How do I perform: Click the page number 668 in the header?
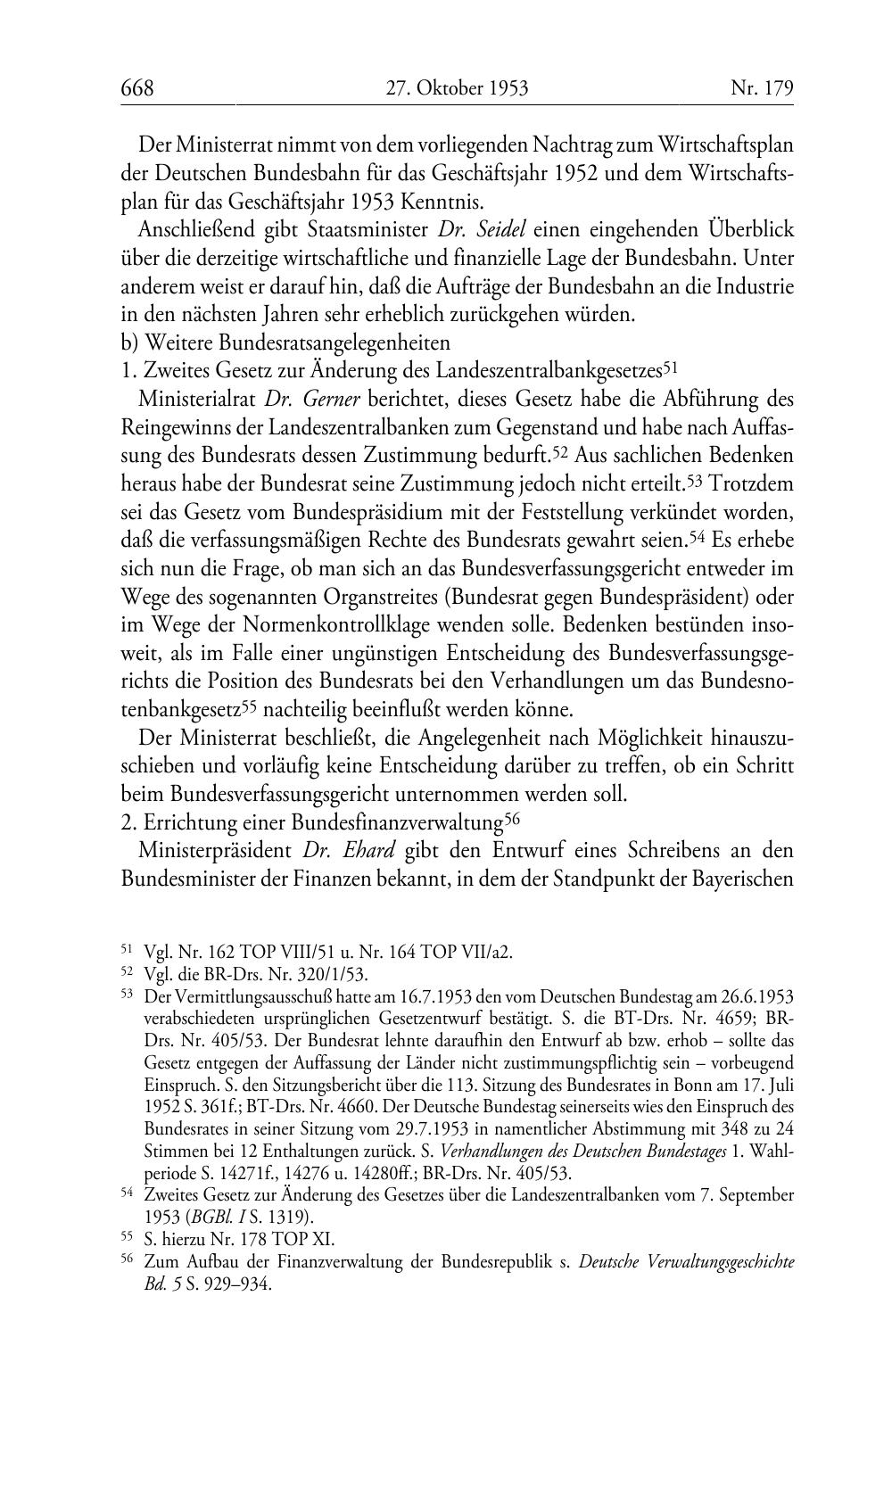pyautogui.click(x=137, y=87)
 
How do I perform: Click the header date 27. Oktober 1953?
pyautogui.click(x=457, y=87)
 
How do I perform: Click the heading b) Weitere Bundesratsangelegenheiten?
pyautogui.click(x=285, y=342)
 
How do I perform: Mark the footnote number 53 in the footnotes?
pyautogui.click(x=127, y=993)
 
